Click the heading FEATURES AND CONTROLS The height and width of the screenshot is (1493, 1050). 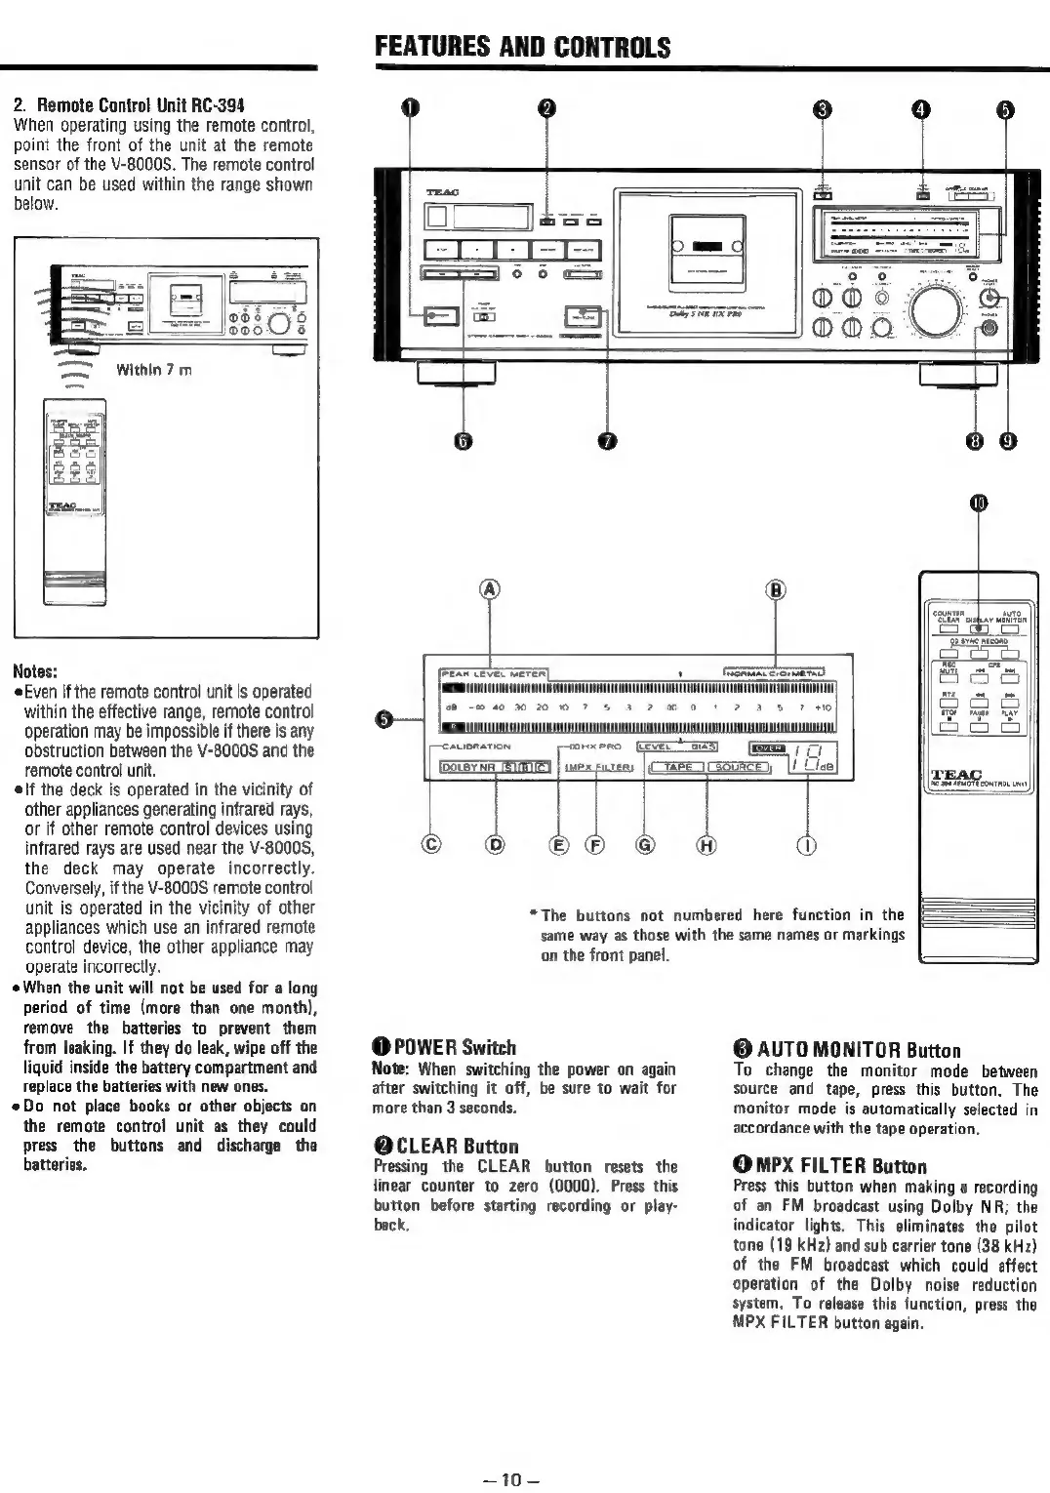[522, 48]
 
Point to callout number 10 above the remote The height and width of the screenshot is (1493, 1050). [979, 503]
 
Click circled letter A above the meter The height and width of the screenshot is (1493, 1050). [490, 588]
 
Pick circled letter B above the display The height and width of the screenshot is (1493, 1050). [776, 588]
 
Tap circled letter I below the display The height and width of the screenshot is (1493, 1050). [807, 845]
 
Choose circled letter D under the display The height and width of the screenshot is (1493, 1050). [496, 845]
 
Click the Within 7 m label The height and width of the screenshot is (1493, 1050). [153, 370]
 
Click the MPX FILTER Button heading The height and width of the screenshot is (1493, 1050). [829, 1166]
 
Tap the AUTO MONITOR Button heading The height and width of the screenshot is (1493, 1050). [847, 1051]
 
